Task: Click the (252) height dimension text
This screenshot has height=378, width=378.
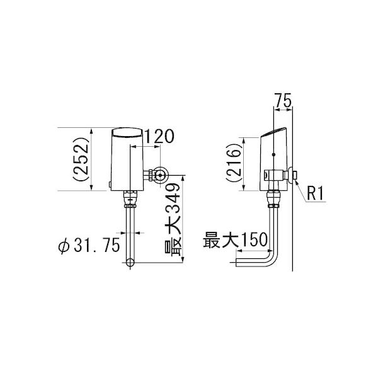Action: coord(81,159)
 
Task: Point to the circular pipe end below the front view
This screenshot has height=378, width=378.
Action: coord(130,261)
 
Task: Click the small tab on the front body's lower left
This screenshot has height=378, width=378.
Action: coord(110,185)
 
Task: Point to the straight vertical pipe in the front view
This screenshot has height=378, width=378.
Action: coord(130,230)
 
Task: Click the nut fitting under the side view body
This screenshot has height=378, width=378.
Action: coord(273,199)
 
